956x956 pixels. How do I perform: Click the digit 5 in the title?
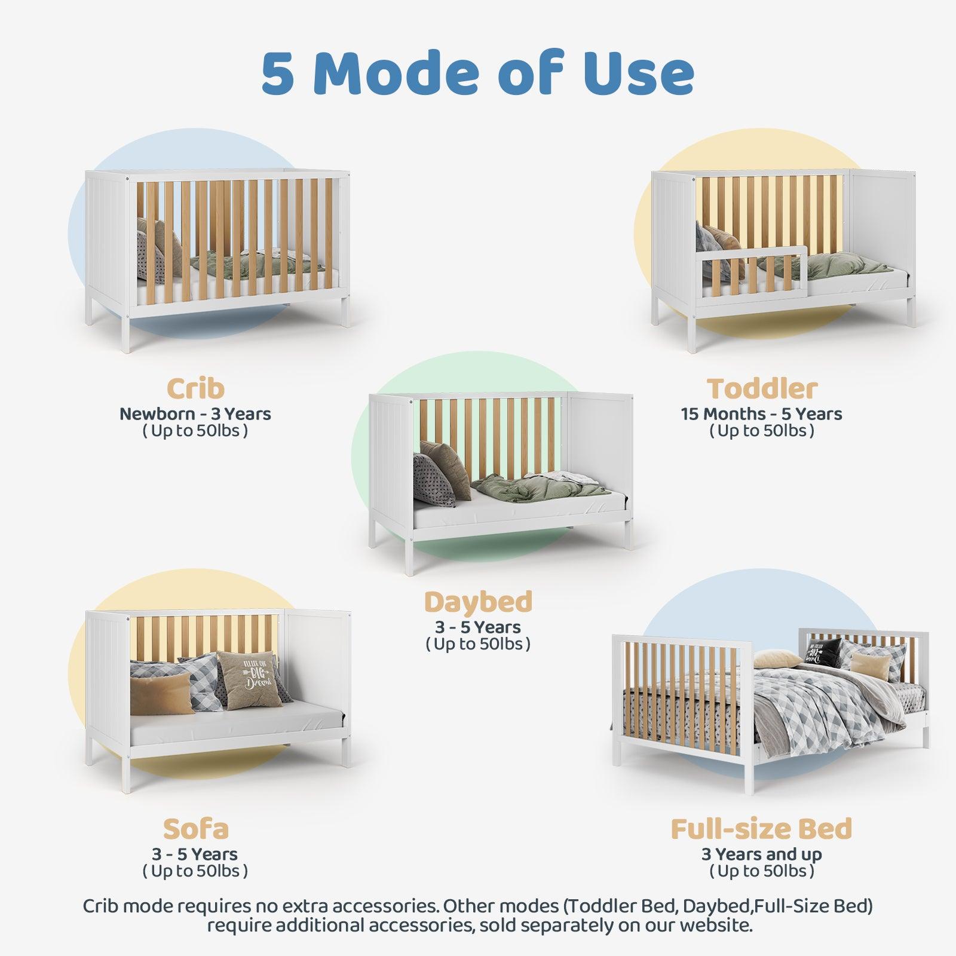[x=278, y=74]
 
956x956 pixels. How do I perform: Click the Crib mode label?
[x=195, y=388]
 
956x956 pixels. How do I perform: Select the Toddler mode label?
[x=762, y=388]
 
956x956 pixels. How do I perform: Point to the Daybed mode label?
[x=478, y=602]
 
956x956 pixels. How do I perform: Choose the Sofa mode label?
[x=195, y=829]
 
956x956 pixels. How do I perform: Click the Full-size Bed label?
[x=762, y=829]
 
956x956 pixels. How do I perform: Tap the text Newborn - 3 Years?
[x=195, y=414]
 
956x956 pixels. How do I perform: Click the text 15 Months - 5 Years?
[x=762, y=414]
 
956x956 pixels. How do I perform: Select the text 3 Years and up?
[x=762, y=854]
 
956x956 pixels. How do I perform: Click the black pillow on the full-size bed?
[x=823, y=652]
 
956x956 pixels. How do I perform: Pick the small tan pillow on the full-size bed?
[x=865, y=664]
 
